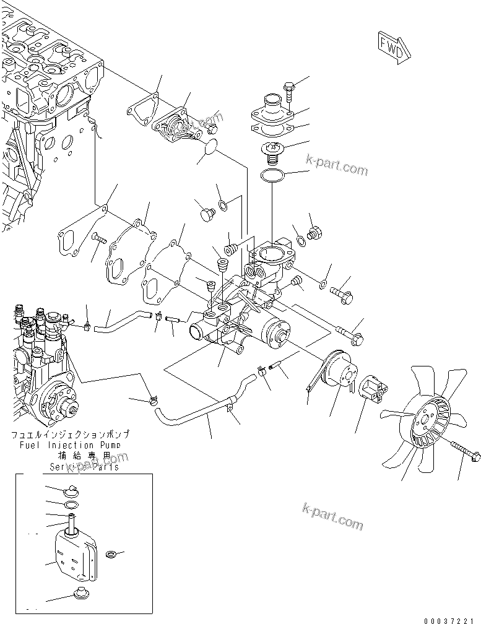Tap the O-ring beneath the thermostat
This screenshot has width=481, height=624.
(x=272, y=176)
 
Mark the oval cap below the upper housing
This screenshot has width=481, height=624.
(x=209, y=149)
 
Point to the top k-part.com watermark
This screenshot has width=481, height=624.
(x=337, y=167)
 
